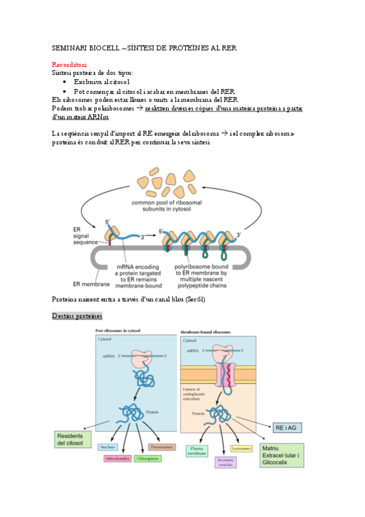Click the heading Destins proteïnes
(77, 316)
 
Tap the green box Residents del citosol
(72, 439)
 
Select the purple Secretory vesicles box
(225, 462)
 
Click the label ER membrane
(91, 266)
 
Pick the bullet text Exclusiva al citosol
(101, 81)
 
